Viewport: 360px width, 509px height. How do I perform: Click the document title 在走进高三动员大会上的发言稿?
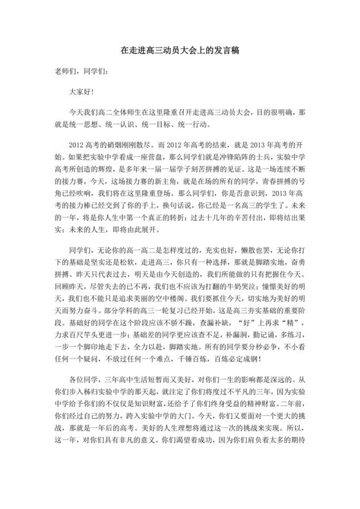(180, 49)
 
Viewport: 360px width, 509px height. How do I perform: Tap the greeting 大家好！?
(82, 93)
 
